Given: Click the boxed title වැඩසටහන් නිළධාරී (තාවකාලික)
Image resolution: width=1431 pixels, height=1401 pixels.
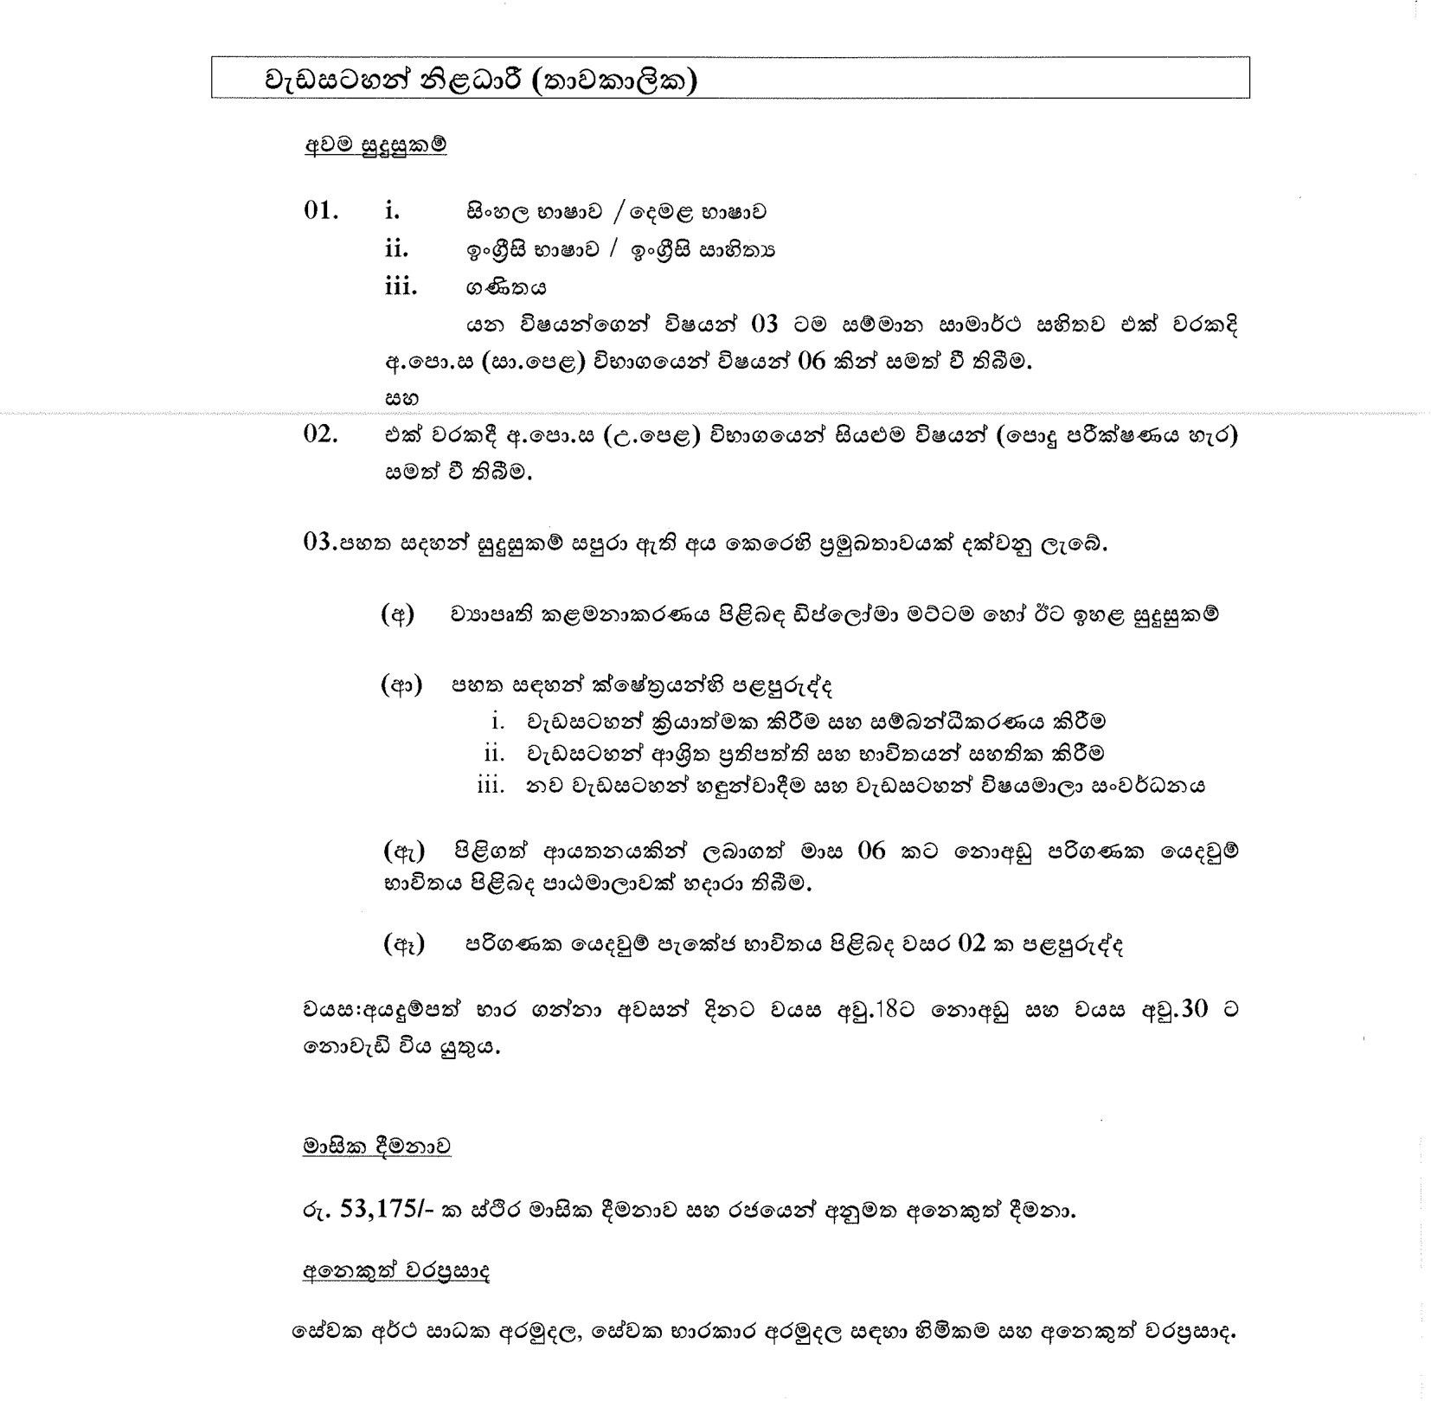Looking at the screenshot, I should click(x=481, y=80).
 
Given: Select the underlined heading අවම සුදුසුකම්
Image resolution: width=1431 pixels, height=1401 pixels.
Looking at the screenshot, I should click(x=375, y=145).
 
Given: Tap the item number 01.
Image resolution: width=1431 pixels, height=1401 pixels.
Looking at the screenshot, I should click(x=320, y=211).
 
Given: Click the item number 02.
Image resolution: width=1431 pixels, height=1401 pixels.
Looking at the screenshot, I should click(x=320, y=434).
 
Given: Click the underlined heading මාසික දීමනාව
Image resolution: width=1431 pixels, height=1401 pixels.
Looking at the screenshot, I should click(x=376, y=1147).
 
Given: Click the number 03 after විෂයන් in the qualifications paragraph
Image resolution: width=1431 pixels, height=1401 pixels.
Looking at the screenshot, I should click(x=765, y=325).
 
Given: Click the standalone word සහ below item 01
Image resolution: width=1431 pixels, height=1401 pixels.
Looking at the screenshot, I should click(x=401, y=399).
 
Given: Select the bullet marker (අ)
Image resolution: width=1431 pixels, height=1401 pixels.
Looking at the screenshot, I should click(x=398, y=615).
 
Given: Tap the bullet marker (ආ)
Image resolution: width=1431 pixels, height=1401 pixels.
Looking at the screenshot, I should click(x=401, y=686).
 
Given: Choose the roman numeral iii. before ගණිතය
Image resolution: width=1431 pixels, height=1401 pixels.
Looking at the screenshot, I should click(x=401, y=286).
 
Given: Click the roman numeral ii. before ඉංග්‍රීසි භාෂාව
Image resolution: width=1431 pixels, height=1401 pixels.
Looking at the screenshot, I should click(x=397, y=249).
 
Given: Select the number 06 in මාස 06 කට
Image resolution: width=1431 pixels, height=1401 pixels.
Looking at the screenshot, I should click(x=871, y=851).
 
